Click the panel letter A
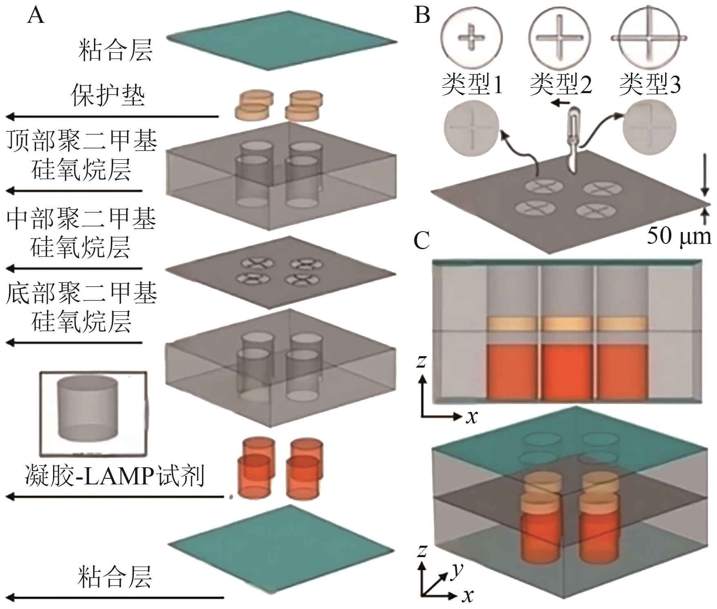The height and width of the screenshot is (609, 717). coord(36,16)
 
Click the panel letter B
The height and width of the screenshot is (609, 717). coord(422,15)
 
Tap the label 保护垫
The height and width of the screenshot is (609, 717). coord(108,96)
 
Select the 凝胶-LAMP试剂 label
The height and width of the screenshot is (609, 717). coord(115,476)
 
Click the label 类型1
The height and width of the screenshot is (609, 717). coord(472,85)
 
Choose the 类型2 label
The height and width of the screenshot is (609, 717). coord(560,85)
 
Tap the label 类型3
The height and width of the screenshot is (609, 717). coord(650,85)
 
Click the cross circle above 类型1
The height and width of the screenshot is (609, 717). coord(471,38)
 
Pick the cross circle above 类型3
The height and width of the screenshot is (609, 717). coord(649,38)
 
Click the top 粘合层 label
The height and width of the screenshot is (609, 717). coord(116,50)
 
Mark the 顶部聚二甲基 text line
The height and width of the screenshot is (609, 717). coord(82,141)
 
